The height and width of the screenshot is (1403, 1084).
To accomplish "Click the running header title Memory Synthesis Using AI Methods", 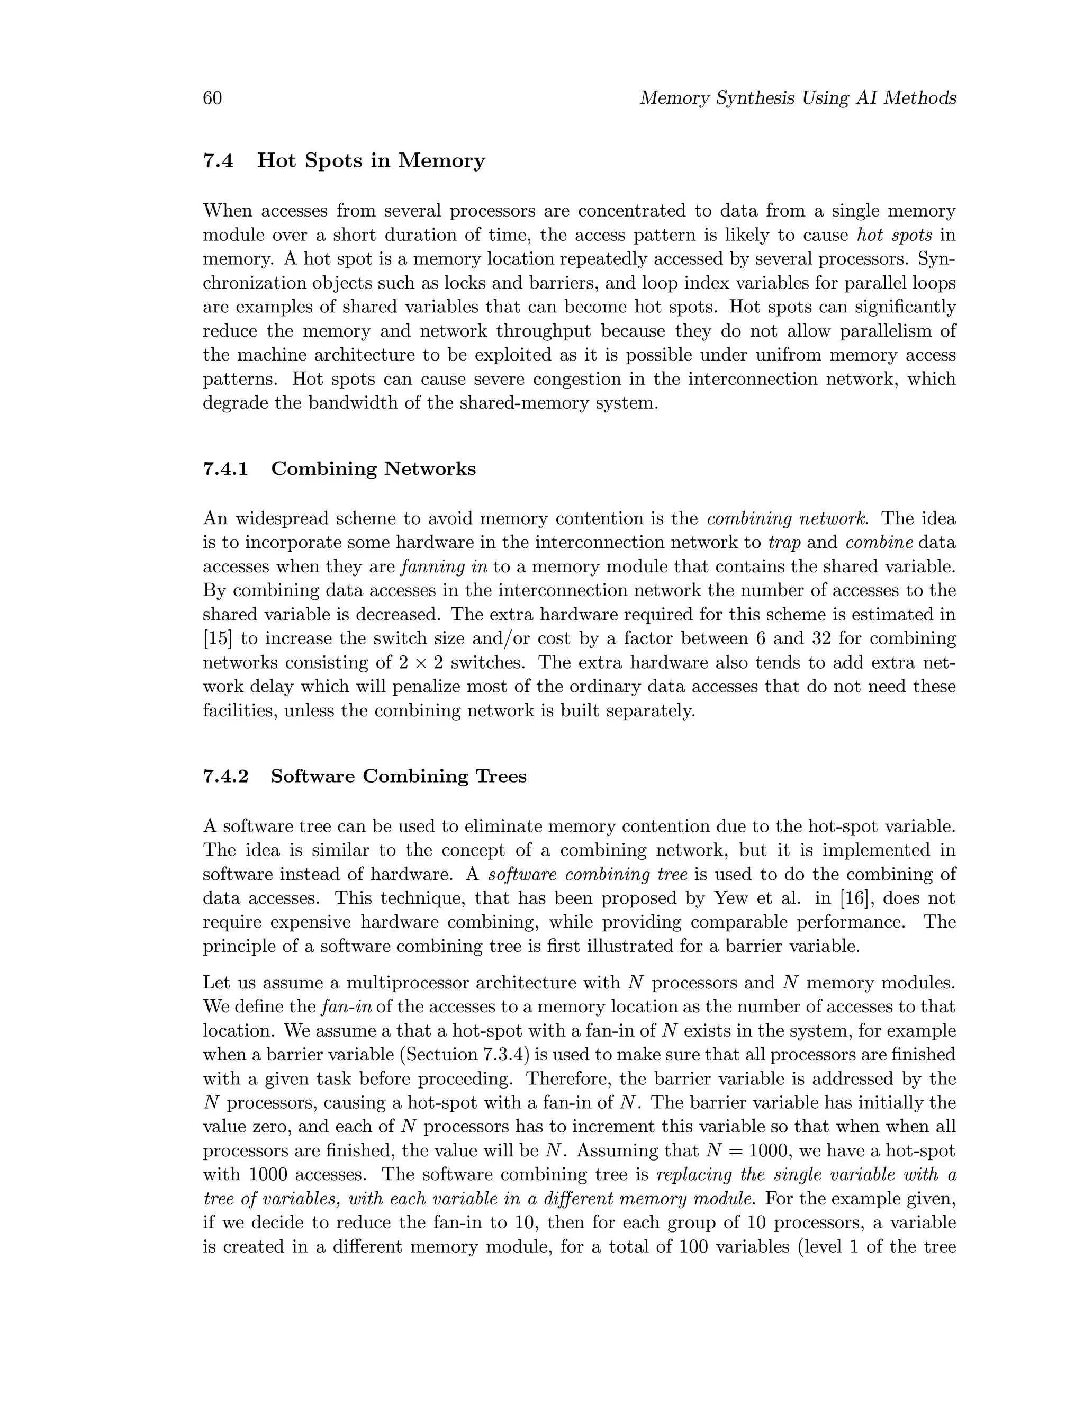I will point(798,98).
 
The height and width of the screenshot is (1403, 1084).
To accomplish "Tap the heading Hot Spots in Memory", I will point(371,160).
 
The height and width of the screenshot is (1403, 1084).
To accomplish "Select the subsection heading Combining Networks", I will point(373,469).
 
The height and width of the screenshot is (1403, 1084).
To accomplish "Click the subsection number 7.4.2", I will point(225,776).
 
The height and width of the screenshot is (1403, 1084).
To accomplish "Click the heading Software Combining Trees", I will point(398,776).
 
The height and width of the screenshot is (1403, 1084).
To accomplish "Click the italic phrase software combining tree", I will point(587,874).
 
